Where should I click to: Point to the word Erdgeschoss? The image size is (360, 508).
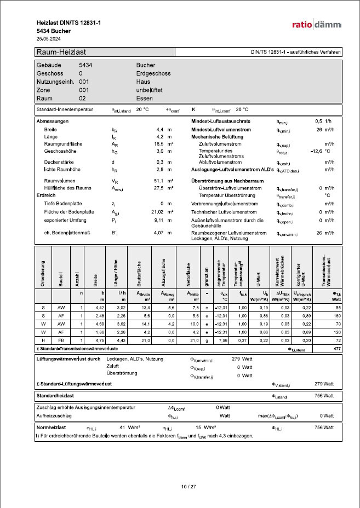coord(151,73)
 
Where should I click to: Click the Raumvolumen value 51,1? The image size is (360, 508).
coord(160,180)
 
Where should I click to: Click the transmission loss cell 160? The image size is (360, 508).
coord(336,316)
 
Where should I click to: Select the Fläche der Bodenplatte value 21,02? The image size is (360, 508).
coord(158,211)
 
